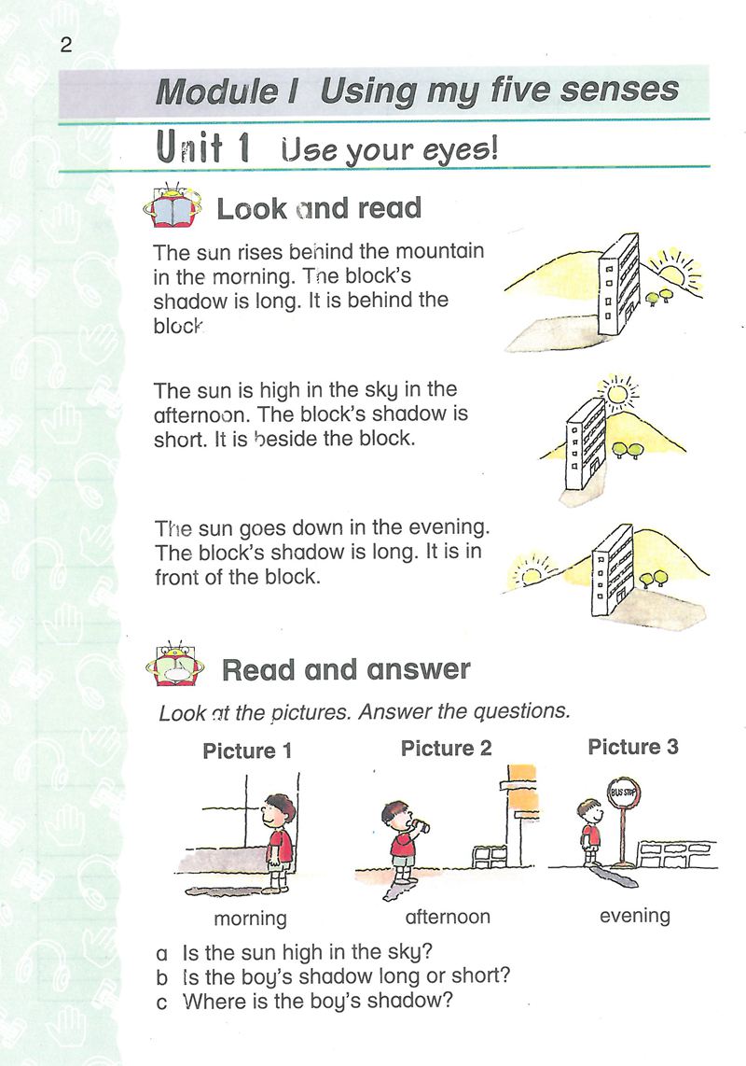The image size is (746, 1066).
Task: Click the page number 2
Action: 66,45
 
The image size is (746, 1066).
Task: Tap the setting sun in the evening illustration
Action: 531,572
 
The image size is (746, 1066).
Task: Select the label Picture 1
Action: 240,751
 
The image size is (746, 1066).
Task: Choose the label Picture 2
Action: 446,749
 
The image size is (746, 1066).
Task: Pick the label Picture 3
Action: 633,747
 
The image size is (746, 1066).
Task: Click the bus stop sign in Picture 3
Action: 623,794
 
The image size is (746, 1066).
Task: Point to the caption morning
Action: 250,919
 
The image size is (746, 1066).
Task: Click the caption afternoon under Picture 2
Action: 448,917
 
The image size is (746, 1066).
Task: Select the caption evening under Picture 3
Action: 634,916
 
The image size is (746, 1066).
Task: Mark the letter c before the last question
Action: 163,1002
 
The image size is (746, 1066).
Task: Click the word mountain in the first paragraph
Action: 439,252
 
